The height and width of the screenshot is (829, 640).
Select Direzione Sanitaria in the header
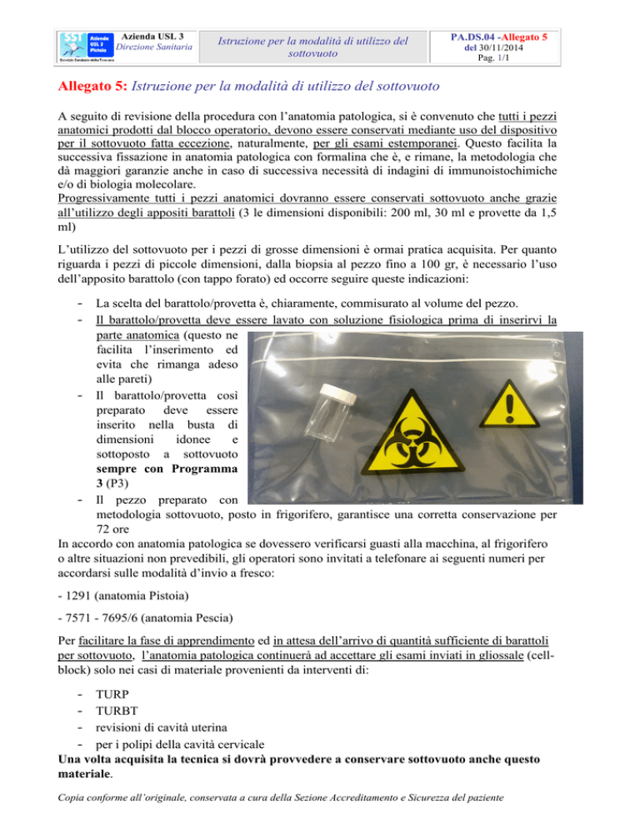point(152,48)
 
